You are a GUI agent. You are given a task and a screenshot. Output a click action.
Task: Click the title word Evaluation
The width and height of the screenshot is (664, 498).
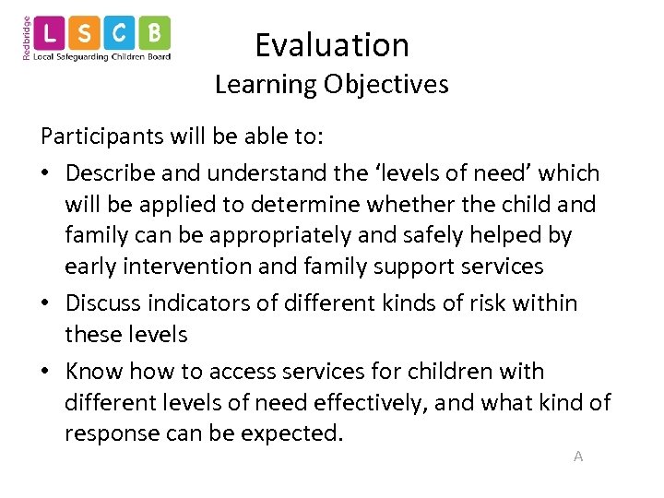[x=332, y=44]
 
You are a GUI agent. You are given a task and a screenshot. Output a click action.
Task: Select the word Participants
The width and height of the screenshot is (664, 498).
[x=102, y=137]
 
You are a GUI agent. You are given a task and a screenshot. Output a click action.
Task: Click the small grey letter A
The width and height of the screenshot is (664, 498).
[x=578, y=456]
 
